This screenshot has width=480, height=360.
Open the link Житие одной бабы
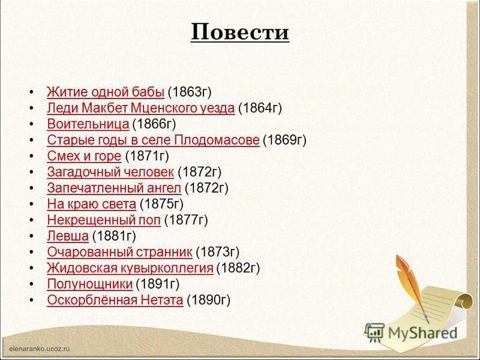(106, 92)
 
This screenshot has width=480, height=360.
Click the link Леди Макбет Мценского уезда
(140, 108)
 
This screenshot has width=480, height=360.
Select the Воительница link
(88, 124)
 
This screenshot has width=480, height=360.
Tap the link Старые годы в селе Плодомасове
(153, 140)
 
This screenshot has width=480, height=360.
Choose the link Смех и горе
(84, 156)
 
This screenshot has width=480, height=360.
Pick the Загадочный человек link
(110, 172)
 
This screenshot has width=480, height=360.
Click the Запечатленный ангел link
(114, 188)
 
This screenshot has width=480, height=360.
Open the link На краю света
(91, 204)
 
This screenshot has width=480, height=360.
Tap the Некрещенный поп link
(104, 220)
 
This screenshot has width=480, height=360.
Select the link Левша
(68, 236)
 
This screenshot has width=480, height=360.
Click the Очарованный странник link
(119, 252)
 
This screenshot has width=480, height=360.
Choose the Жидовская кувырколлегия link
(130, 268)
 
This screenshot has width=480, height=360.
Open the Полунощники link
(89, 284)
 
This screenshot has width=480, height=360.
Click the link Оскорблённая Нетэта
(115, 300)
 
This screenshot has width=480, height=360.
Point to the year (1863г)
(190, 92)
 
